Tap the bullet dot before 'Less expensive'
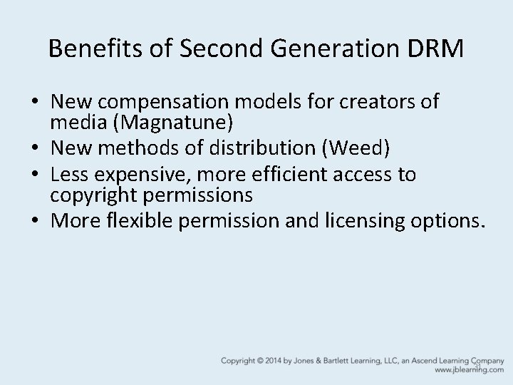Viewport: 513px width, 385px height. coord(35,174)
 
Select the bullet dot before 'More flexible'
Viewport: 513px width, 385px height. coord(35,220)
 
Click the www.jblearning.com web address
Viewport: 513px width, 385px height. coord(468,371)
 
